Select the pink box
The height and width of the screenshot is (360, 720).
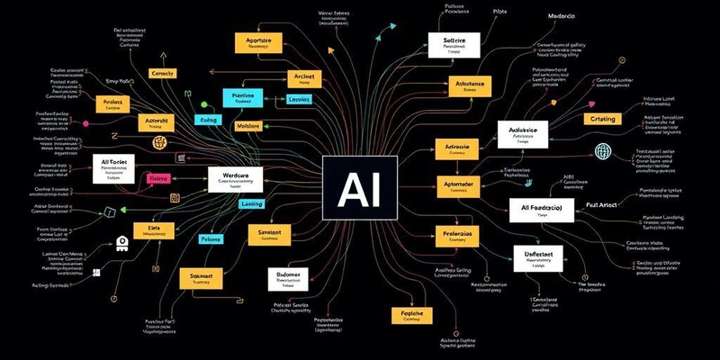coord(159,178)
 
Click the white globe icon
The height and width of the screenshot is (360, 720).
coord(602,150)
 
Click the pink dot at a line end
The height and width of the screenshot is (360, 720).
coord(85,123)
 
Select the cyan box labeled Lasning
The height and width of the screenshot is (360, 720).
coord(251,204)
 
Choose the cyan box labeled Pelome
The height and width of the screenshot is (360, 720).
coord(211,238)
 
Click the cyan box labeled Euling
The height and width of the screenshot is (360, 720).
coord(209,119)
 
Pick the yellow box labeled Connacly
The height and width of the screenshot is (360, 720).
coord(164,73)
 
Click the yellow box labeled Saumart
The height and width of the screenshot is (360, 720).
coord(196,277)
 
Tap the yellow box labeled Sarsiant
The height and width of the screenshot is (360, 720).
coord(270,236)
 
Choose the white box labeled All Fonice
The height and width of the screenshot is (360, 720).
coord(118,168)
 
